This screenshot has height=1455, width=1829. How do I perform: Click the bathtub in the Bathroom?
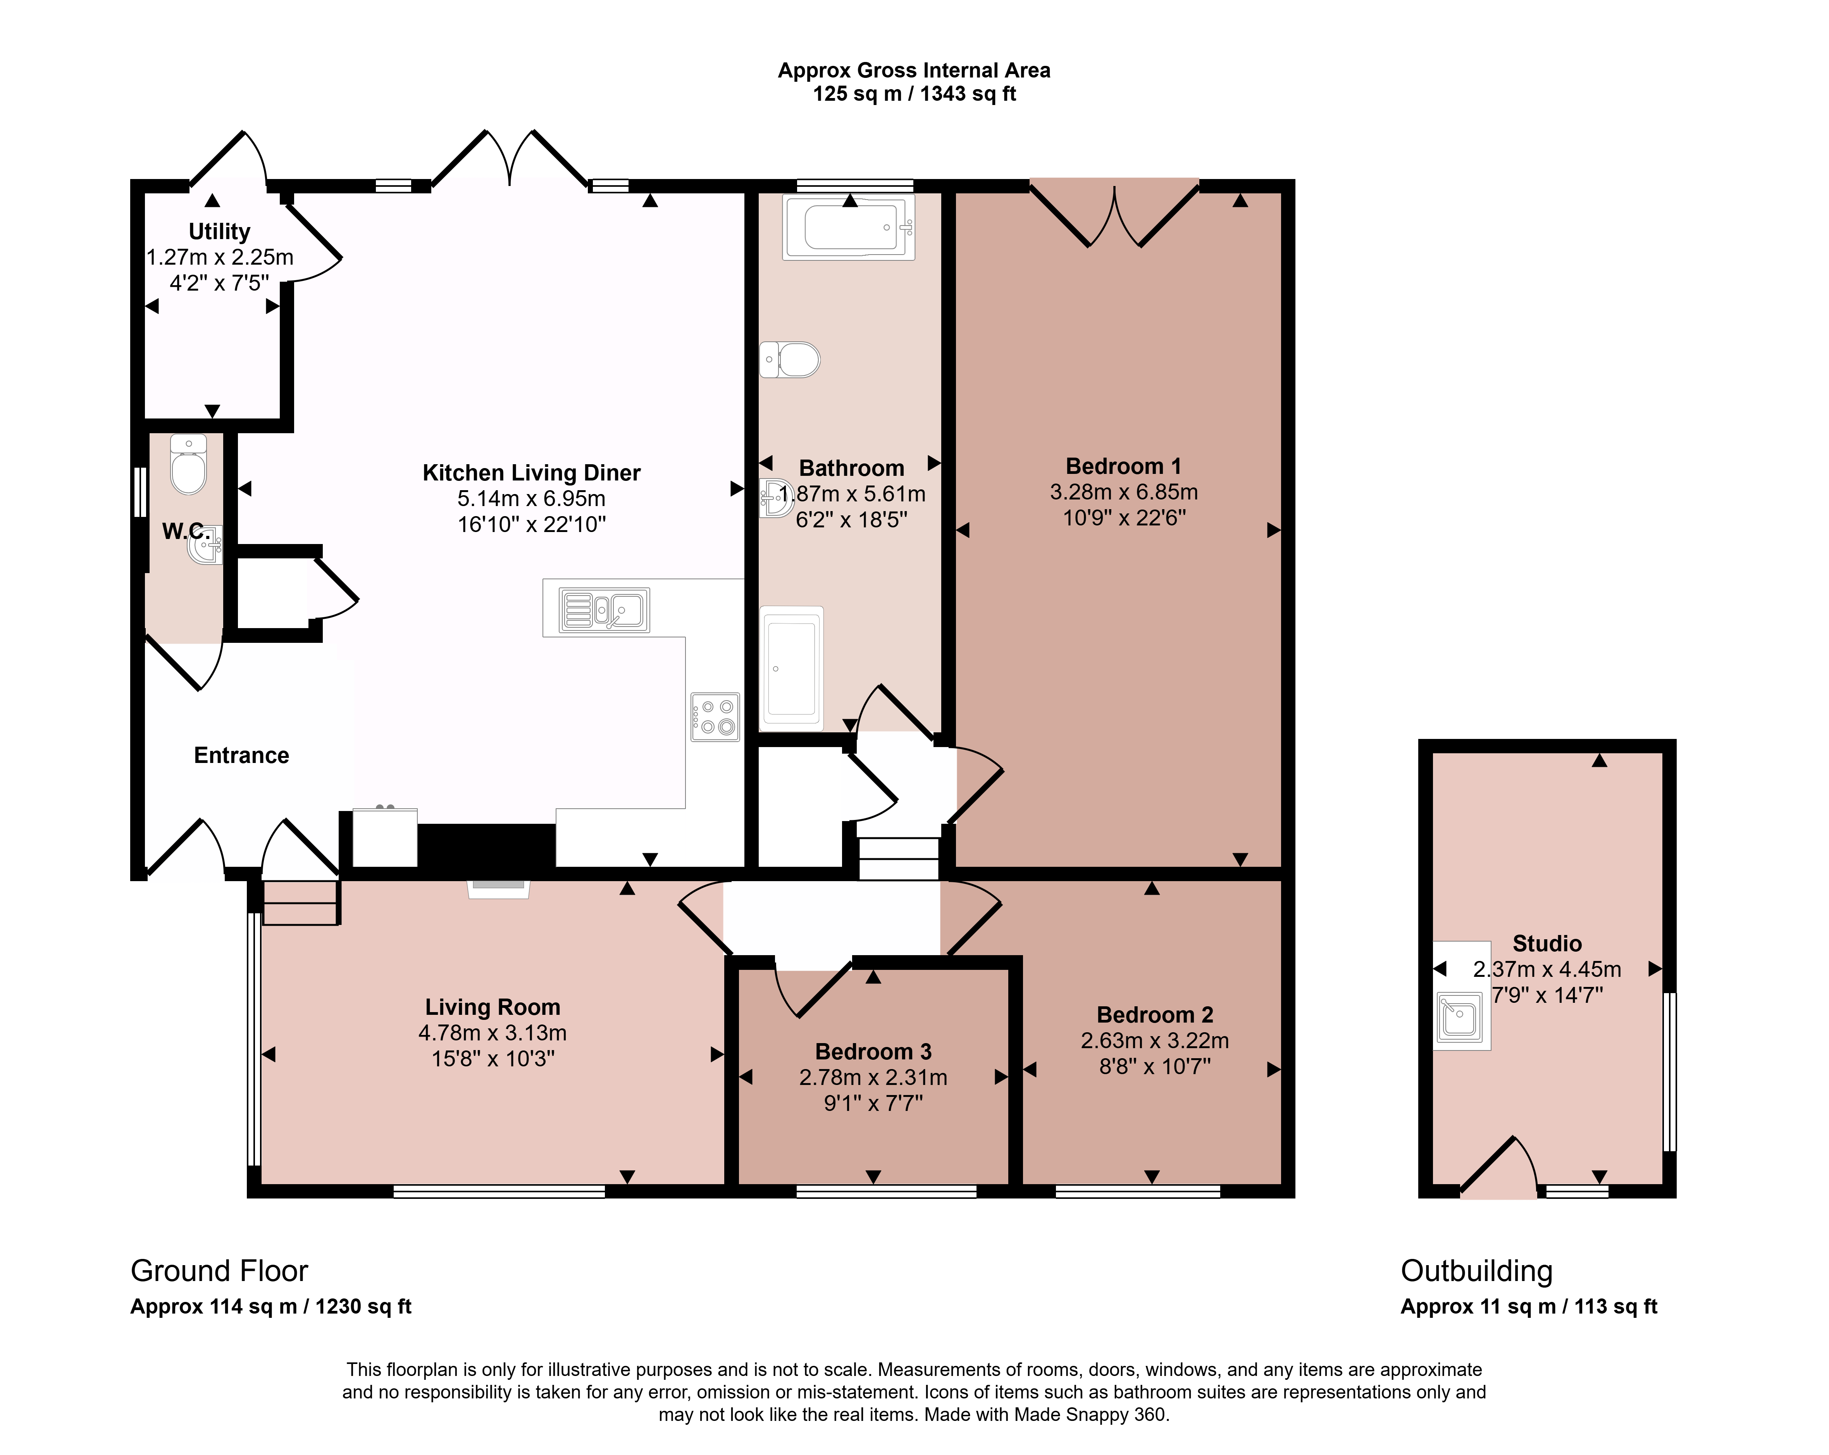pos(848,227)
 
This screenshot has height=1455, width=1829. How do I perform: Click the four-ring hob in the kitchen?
pos(715,717)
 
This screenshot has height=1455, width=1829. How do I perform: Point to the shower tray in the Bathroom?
pos(792,668)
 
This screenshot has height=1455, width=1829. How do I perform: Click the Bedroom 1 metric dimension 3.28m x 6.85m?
pos(1124,492)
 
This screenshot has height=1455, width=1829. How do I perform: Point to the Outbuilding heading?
pos(1477,1271)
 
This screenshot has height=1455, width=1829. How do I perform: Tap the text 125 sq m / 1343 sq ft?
pos(914,94)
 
